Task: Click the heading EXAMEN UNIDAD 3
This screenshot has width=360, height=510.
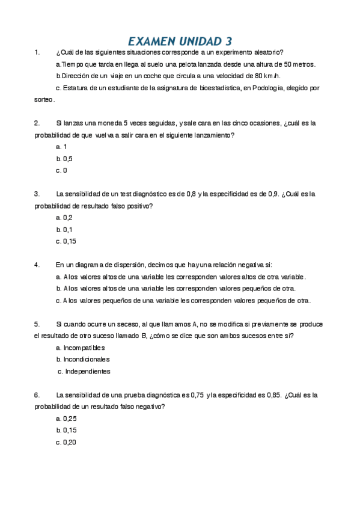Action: coord(180,41)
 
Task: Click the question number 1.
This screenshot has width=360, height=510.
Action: coord(37,53)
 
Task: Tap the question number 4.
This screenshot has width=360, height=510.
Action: coord(37,265)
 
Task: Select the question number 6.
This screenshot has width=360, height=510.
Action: coord(37,395)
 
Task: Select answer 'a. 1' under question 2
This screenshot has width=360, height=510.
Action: coord(61,147)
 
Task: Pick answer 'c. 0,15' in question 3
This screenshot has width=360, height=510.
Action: coord(66,241)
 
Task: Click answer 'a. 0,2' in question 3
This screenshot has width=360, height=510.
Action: coord(64,218)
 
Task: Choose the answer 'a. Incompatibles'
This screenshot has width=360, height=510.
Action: coord(80,348)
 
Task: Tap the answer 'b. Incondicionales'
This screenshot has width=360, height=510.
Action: coord(82,359)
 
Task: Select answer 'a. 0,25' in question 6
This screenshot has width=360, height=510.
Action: coord(66,418)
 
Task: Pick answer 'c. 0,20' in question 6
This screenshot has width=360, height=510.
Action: coord(66,442)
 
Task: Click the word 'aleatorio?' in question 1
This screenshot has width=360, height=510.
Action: coord(269,53)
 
